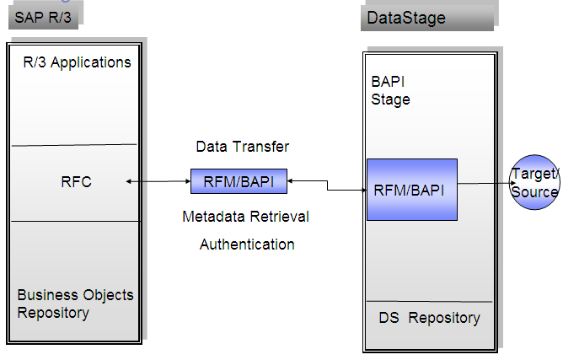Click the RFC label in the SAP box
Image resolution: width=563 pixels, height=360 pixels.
(76, 181)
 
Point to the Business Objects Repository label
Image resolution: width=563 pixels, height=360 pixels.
(75, 304)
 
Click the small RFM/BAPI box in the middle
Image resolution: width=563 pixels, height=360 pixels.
(239, 180)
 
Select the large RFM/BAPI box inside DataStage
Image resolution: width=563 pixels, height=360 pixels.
(411, 190)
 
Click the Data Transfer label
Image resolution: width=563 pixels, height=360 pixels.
(242, 147)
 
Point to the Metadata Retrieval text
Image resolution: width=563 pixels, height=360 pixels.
(245, 217)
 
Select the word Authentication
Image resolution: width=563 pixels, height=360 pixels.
(247, 244)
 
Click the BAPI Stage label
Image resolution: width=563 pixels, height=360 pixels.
(390, 91)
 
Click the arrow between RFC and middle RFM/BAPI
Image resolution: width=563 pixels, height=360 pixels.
(158, 180)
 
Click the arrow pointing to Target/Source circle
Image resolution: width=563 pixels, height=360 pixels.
(483, 183)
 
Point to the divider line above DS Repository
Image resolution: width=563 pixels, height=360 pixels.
(429, 301)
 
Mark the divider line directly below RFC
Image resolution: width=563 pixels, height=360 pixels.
(75, 221)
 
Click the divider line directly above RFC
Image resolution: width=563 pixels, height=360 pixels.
(75, 144)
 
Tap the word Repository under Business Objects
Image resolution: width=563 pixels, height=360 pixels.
(53, 313)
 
